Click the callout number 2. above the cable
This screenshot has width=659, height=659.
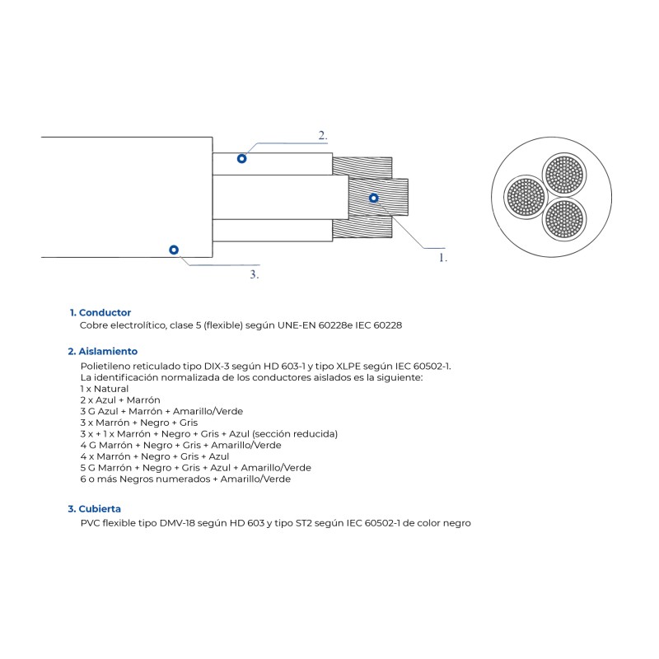[323, 135]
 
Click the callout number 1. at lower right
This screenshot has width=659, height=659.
[443, 257]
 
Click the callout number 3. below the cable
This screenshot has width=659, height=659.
[255, 274]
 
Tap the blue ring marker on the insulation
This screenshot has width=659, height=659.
[241, 158]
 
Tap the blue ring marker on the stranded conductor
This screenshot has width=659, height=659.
[373, 198]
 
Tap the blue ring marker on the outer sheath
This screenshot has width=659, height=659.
[173, 250]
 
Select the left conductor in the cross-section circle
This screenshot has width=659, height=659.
[525, 197]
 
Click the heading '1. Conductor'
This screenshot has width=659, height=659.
[100, 313]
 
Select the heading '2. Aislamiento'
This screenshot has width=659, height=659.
[102, 351]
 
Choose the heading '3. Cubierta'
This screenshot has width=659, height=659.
[94, 509]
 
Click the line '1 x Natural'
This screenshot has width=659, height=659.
[105, 388]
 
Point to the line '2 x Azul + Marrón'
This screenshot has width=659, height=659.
[119, 400]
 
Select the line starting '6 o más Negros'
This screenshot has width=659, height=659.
[185, 479]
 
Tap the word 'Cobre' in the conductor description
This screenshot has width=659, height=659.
[93, 325]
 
